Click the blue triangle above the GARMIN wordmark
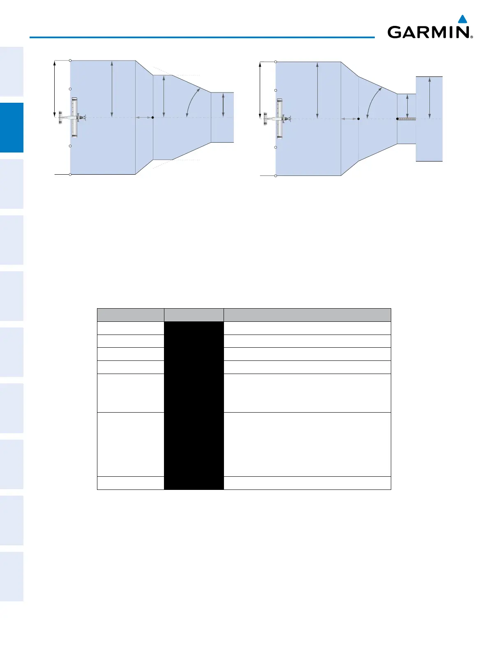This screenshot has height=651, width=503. (x=463, y=19)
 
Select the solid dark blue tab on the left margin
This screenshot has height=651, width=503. (x=12, y=128)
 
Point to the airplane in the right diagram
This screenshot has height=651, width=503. (x=277, y=119)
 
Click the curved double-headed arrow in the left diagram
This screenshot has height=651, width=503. (x=192, y=101)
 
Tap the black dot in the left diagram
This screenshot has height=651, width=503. (x=152, y=118)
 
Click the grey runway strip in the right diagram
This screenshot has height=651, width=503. (x=407, y=119)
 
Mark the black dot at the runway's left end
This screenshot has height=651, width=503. (x=397, y=119)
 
